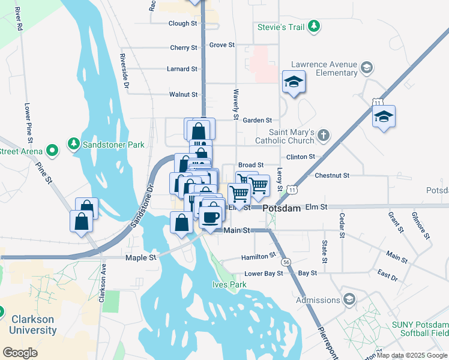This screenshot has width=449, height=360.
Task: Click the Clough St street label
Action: tap(183, 23)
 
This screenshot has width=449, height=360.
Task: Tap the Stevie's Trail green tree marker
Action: tap(313, 26)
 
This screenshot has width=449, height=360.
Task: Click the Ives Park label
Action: tap(229, 284)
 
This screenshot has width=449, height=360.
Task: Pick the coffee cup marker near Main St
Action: tap(210, 217)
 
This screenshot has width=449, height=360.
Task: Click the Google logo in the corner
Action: tap(20, 353)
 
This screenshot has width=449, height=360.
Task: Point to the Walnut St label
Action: tap(183, 95)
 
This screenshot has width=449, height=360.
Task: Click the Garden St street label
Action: tap(258, 121)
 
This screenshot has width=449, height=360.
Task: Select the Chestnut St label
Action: tap(331, 176)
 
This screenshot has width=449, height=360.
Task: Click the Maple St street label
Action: tap(140, 257)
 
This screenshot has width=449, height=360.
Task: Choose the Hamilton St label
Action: tap(258, 256)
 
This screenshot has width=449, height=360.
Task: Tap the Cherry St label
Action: tap(184, 48)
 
